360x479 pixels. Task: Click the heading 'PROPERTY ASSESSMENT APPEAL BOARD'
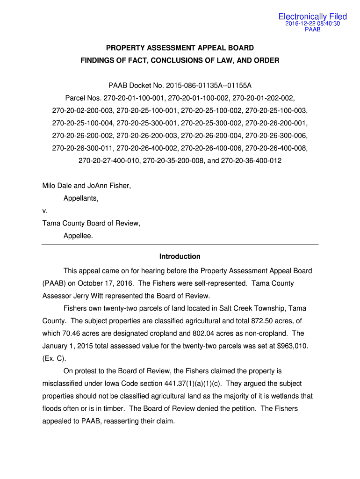coord(180,48)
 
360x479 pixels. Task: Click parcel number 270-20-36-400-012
coord(251,161)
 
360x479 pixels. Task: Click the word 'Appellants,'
coord(81,198)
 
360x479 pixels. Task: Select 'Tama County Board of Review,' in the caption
coord(91,224)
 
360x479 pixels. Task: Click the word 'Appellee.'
coord(78,236)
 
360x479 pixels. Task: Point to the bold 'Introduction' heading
coord(180,257)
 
